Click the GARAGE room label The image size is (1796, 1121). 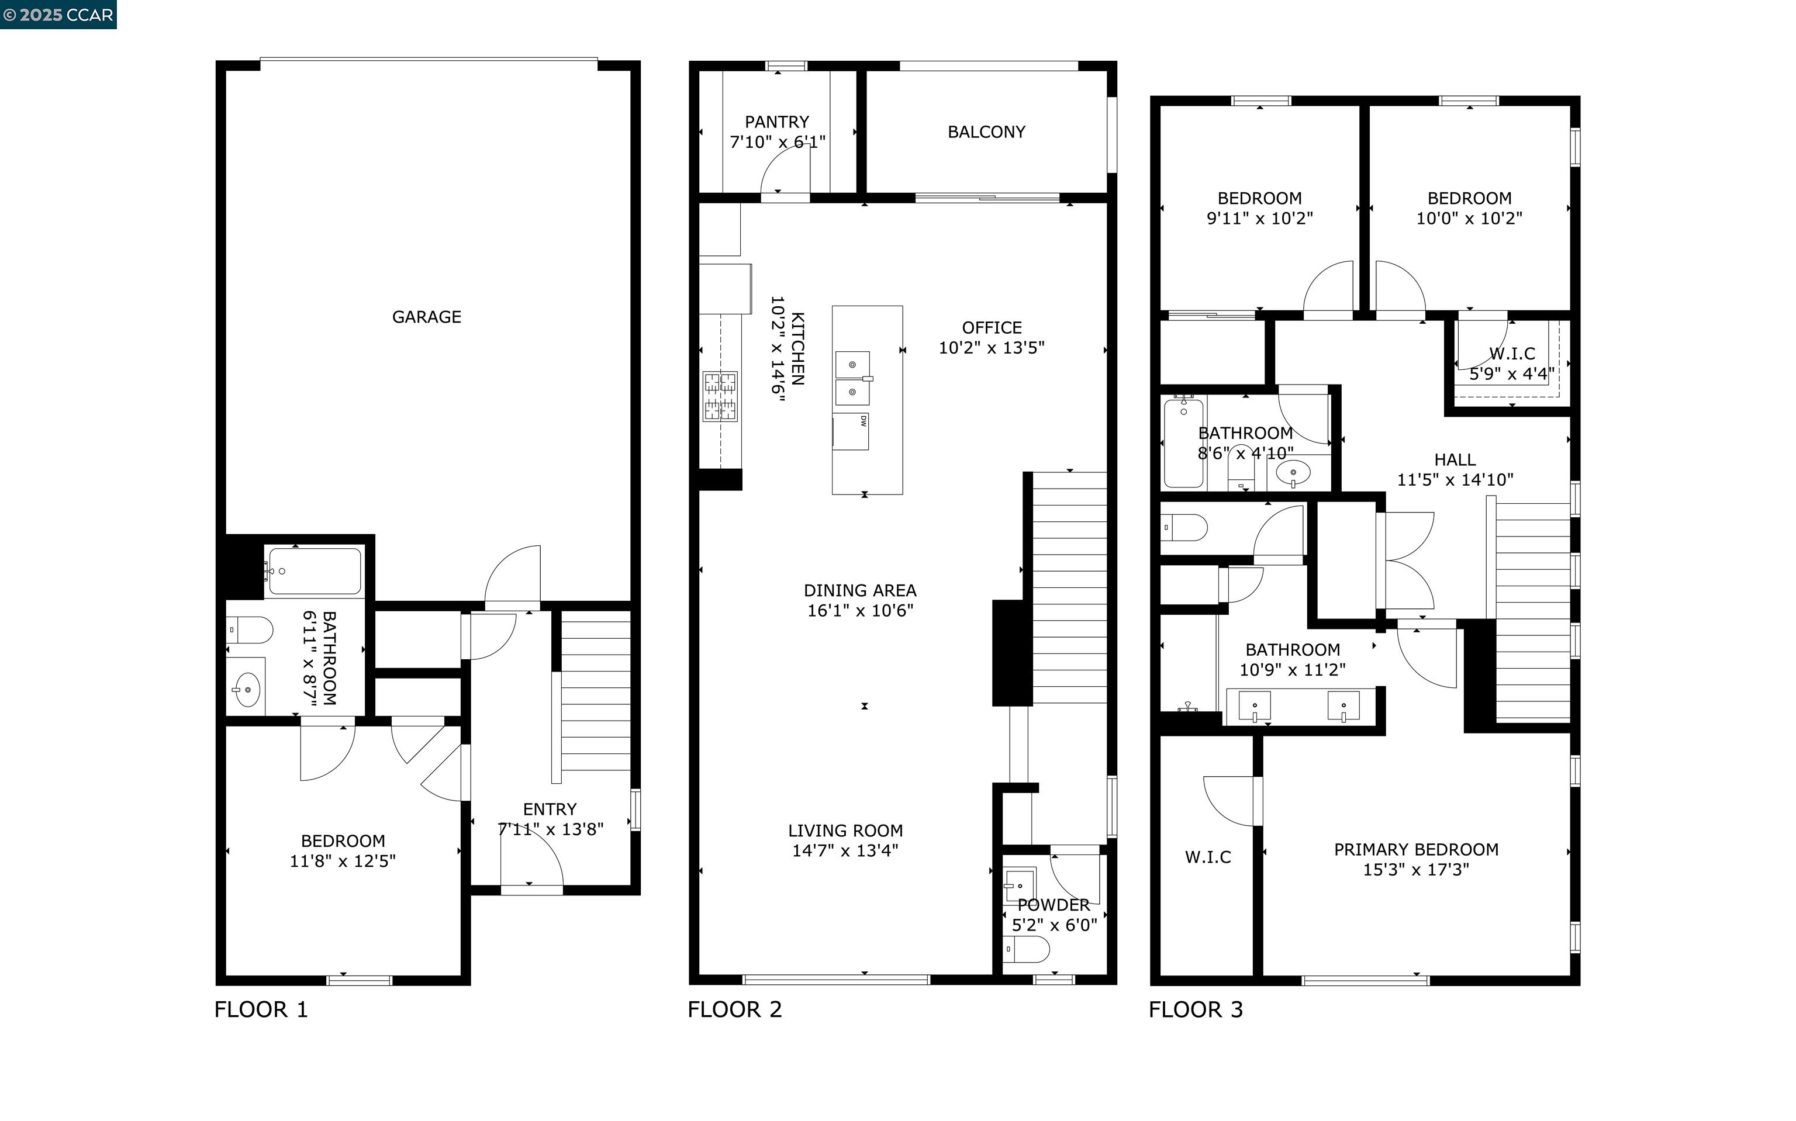[x=426, y=317]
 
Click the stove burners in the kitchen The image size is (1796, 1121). [x=720, y=396]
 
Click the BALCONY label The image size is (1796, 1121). [x=986, y=132]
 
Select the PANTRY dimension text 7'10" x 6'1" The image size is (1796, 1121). [x=777, y=141]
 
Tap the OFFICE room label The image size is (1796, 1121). [x=992, y=328]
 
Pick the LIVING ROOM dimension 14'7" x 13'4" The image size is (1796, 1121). [x=845, y=850]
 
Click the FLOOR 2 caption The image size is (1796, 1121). [x=734, y=1009]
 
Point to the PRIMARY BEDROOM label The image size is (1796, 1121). [x=1415, y=850]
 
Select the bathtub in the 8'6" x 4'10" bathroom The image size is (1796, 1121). [x=1183, y=442]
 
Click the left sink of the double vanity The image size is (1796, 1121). [x=1254, y=706]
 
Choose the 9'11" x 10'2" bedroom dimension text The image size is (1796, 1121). [x=1259, y=219]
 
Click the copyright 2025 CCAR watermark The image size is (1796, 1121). [x=58, y=15]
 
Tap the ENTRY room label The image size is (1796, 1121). [x=550, y=809]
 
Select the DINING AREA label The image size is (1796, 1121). [x=859, y=591]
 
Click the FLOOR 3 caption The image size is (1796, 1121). [x=1196, y=1009]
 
